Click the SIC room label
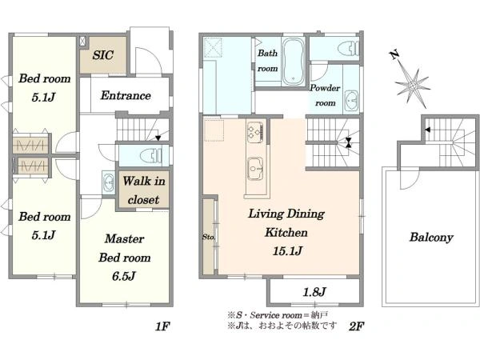[x=103, y=55]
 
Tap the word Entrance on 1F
[x=126, y=95]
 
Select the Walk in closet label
[x=144, y=190]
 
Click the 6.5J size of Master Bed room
[x=124, y=277]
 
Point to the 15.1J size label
[x=287, y=251]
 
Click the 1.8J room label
[x=314, y=292]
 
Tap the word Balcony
[x=431, y=238]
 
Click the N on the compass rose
[x=394, y=54]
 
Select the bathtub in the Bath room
[x=294, y=62]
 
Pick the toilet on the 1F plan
[x=151, y=155]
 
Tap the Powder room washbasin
[x=352, y=101]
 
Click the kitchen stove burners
[x=255, y=132]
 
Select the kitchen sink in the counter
[x=255, y=170]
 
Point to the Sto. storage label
[x=209, y=237]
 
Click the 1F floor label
[x=162, y=326]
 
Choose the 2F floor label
[x=356, y=326]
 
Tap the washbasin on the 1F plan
[x=108, y=182]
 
